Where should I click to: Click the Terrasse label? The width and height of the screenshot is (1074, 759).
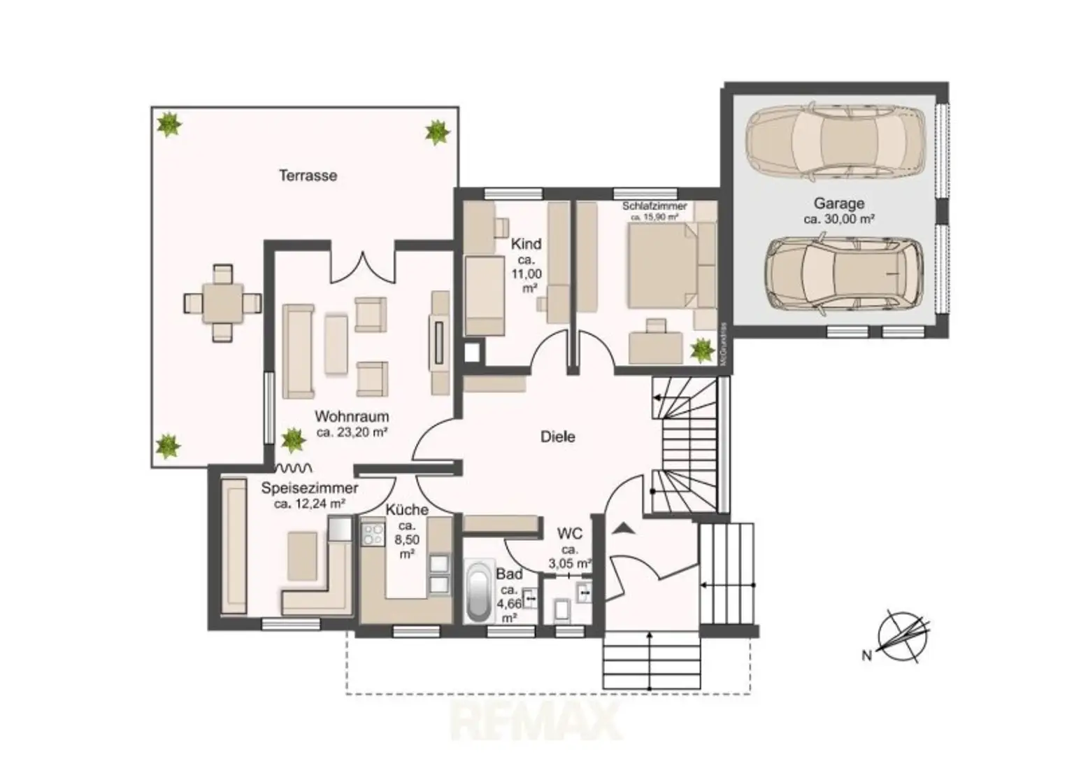point(308,176)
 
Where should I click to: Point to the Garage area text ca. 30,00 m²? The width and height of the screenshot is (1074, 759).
point(838,219)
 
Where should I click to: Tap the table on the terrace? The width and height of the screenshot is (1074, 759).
point(222,303)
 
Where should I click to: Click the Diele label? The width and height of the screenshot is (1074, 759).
point(557,437)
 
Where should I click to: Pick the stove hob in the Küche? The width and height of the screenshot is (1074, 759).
point(372,534)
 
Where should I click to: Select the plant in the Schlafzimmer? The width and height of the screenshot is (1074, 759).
point(700,350)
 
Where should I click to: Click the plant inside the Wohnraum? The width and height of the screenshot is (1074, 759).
point(292,440)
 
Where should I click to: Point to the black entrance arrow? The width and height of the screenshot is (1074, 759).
point(622,527)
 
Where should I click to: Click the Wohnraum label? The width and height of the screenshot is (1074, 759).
point(351,416)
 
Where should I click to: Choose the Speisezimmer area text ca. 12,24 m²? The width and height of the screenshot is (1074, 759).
point(309,504)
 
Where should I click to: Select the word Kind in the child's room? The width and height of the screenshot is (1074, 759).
point(526,244)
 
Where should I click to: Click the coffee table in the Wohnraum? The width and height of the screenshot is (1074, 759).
point(336,343)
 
